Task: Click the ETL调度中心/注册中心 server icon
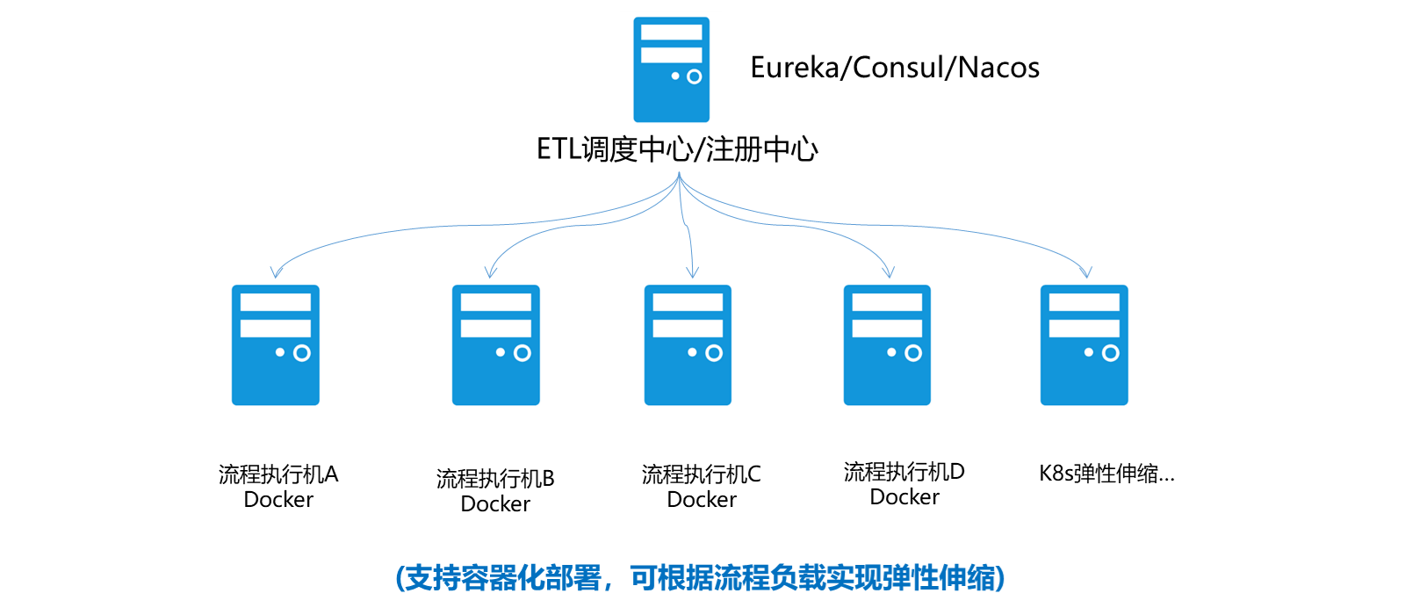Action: tap(671, 69)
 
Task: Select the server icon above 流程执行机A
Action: tap(276, 344)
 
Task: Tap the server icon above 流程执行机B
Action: tap(495, 344)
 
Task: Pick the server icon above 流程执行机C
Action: tap(688, 344)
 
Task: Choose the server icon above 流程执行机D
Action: tap(887, 344)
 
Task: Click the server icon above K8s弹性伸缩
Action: tap(1084, 344)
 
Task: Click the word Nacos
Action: tap(998, 68)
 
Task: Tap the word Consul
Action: tap(899, 68)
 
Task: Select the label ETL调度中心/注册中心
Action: tap(677, 149)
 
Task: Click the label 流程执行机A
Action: tap(278, 474)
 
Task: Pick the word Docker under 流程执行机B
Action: tap(495, 504)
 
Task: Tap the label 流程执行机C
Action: tap(701, 474)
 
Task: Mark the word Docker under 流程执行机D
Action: tap(904, 497)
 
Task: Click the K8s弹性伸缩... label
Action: tap(1106, 474)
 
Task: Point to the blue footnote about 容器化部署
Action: tap(700, 578)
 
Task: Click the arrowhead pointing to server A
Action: tap(277, 272)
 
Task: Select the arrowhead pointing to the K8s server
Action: tap(1086, 272)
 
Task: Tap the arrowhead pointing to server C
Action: tap(692, 272)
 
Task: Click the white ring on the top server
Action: tap(694, 76)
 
